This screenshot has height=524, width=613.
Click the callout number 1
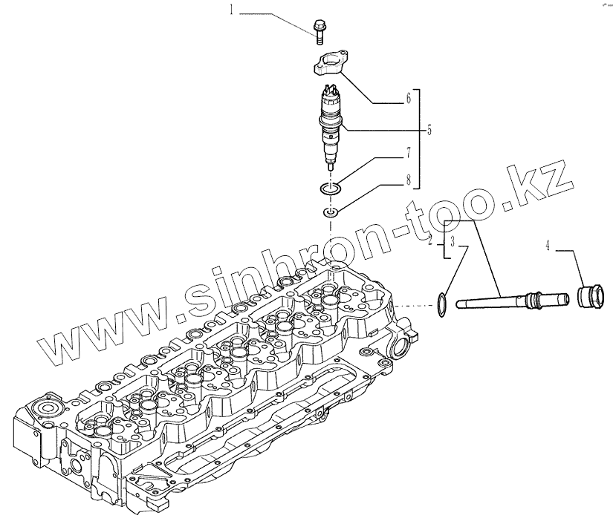pyautogui.click(x=231, y=10)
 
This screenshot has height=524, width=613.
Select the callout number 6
pyautogui.click(x=408, y=97)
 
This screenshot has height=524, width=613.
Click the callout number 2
pyautogui.click(x=430, y=239)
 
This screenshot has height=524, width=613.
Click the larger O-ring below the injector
pyautogui.click(x=331, y=189)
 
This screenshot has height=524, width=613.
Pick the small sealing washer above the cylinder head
pyautogui.click(x=330, y=214)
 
